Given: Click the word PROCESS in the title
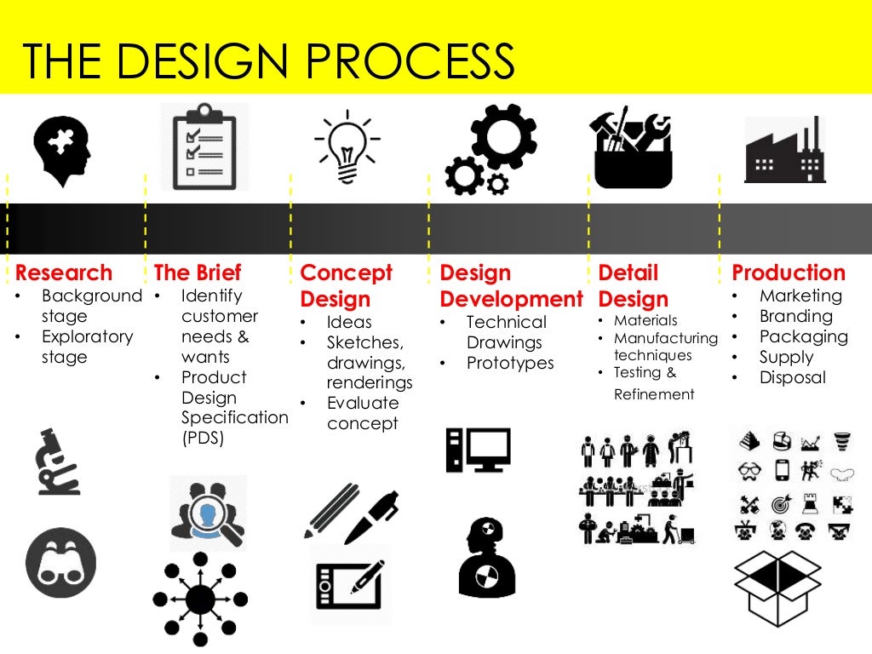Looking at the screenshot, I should coord(409,60).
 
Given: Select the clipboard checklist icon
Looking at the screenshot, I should coord(198,146).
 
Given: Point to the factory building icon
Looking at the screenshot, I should coord(783,151).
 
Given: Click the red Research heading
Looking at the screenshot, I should coord(64,273).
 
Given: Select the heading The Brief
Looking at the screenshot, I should coord(198,273).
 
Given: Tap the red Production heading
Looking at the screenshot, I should coord(789,273).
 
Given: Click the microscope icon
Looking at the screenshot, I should coord(57,462).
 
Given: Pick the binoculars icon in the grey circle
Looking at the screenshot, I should coord(60,562).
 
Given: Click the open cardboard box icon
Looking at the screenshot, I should coord(777,588).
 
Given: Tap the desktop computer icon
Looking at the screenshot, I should coord(479,450).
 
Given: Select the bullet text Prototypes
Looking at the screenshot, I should coord(510,364).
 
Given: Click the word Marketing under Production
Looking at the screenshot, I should coord(800,296).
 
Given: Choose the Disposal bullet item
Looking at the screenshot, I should coord(793,378).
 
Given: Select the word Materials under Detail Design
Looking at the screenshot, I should coord(645,321).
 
